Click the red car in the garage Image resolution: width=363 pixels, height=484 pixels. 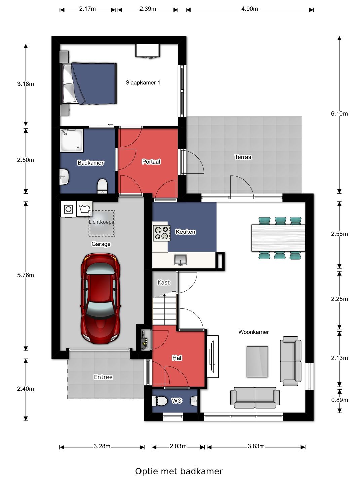(100, 298)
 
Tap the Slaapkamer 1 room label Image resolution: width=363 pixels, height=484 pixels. (143, 83)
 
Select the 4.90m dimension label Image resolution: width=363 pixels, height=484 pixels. (249, 9)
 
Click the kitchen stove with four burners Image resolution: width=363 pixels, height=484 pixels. (162, 233)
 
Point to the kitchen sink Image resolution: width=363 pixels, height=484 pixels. (180, 259)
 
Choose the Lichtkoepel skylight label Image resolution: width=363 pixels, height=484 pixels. (102, 222)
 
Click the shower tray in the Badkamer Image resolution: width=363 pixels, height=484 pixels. (72, 140)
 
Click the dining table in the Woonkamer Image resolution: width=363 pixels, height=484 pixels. (278, 238)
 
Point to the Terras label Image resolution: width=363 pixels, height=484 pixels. (243, 157)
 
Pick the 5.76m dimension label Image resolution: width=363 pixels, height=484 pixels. (26, 275)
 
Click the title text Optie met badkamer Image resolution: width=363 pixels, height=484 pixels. (179, 471)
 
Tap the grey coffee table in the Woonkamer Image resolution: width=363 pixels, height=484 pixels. (257, 362)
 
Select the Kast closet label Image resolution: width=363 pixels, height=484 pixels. (164, 282)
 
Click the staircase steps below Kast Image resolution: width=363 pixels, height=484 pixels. (165, 311)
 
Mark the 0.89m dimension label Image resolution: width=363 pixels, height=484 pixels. (339, 400)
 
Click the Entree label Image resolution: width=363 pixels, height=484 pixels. (103, 377)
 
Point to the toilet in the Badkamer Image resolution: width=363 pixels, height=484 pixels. (102, 186)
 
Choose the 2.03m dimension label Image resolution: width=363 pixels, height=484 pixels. (178, 446)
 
